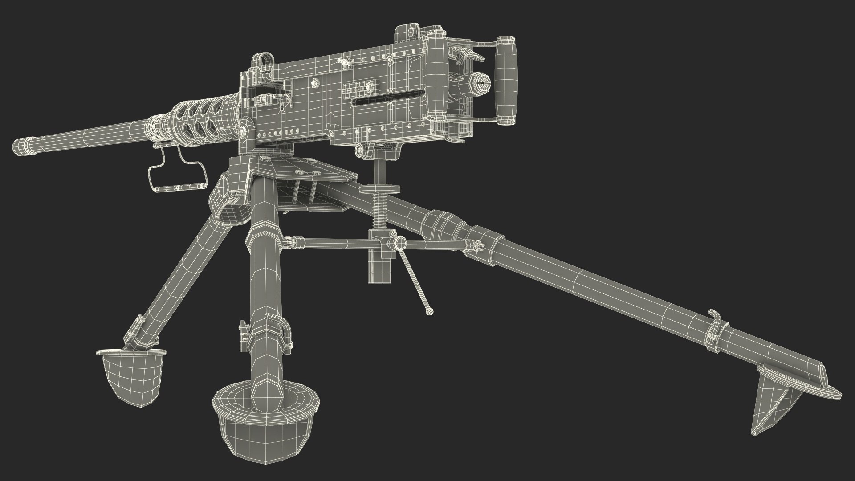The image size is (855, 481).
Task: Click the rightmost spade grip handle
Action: [x=506, y=80]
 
